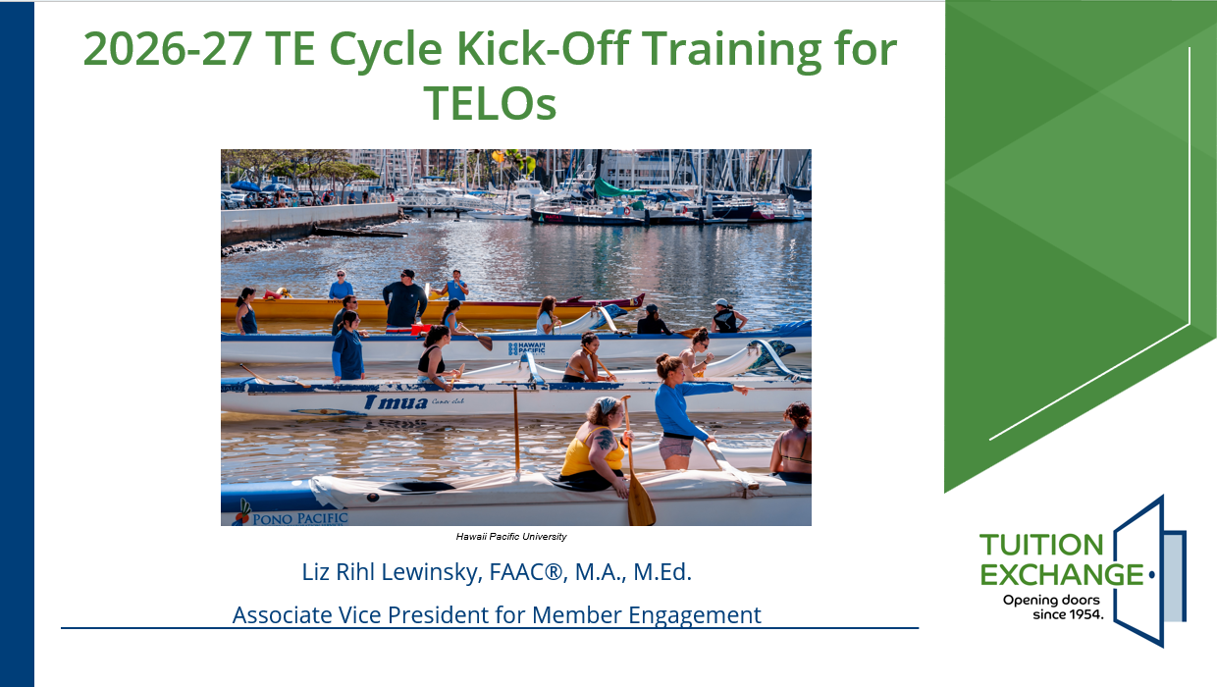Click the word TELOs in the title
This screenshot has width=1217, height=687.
490,103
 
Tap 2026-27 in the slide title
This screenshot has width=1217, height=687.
167,49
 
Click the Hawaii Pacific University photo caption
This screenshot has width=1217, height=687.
511,537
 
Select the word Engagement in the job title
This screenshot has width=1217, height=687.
694,616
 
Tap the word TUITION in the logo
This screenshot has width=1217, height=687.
1041,545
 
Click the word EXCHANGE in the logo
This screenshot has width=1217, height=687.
1062,574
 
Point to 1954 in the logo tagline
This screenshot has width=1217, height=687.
1085,614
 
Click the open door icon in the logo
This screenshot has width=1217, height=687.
1149,571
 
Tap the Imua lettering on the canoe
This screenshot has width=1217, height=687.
396,403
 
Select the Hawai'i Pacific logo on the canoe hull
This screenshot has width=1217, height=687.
526,348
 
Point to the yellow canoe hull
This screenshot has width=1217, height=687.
432,309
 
